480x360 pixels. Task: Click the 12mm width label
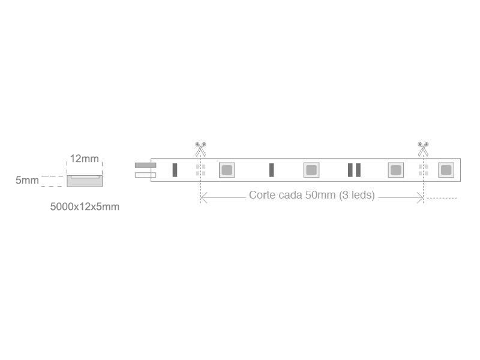pos(84,158)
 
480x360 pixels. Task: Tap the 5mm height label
pos(27,180)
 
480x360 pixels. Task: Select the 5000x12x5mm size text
pos(85,206)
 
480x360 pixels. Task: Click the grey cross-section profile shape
pos(85,181)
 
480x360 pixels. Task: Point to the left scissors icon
pos(200,149)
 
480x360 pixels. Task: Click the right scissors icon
pos(423,149)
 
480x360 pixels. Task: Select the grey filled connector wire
pos(145,166)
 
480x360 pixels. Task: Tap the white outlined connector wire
pos(145,175)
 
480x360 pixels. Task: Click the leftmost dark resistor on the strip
pos(175,170)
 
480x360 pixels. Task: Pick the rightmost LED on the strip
pos(446,170)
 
